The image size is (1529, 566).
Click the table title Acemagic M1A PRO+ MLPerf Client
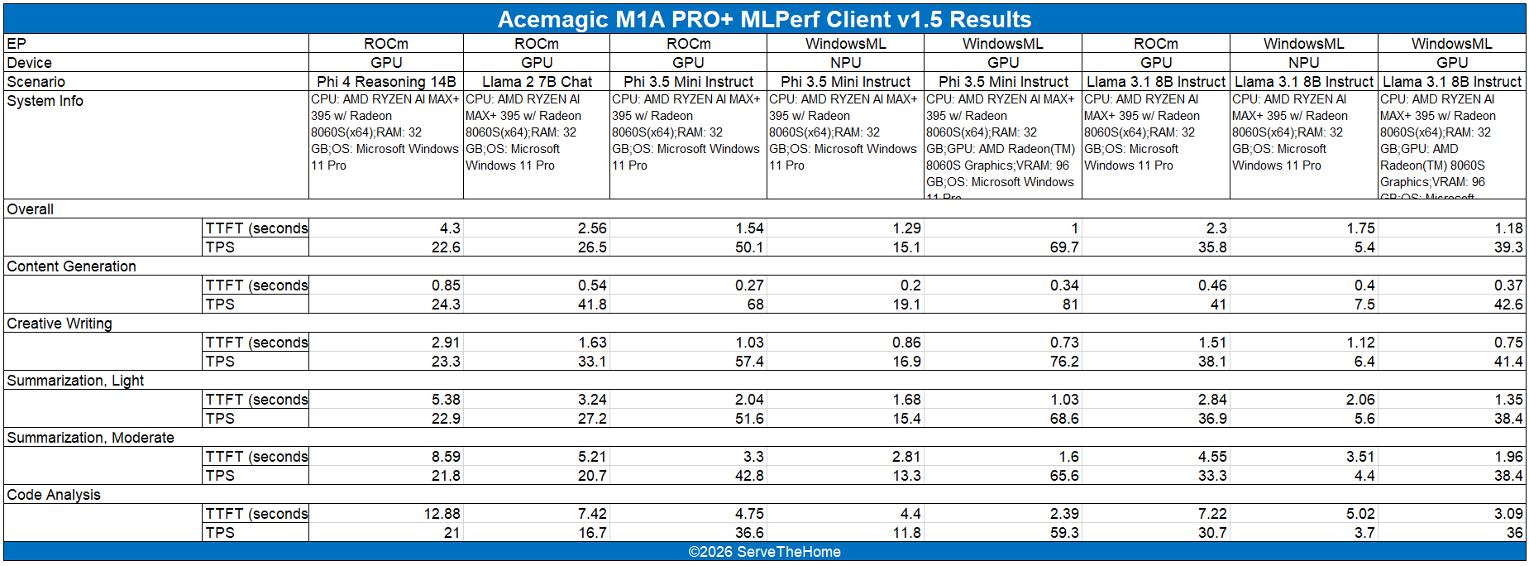pos(764,19)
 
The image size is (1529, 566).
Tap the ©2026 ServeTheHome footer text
pos(764,552)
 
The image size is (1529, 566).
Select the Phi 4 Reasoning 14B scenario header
pos(386,82)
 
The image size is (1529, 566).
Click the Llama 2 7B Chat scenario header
pos(537,82)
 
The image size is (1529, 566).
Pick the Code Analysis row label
pos(54,495)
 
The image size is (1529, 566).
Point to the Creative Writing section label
pos(60,324)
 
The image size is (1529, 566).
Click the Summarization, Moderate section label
pos(90,438)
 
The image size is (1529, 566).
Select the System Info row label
pos(45,101)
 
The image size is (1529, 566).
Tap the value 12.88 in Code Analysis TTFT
pos(442,514)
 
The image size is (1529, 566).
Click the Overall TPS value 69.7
pos(1063,247)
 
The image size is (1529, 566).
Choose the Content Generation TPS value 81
pos(1070,305)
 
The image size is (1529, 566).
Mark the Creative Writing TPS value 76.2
pos(1063,362)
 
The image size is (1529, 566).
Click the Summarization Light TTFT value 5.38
pos(446,400)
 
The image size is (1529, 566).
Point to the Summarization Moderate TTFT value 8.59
pos(446,457)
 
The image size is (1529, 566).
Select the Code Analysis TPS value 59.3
pos(1063,533)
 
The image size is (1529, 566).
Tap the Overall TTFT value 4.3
pos(450,228)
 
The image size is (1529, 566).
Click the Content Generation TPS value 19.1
pos(906,305)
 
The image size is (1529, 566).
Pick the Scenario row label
pos(36,82)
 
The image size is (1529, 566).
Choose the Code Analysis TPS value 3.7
pos(1364,533)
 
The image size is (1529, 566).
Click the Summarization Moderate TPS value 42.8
pos(749,476)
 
